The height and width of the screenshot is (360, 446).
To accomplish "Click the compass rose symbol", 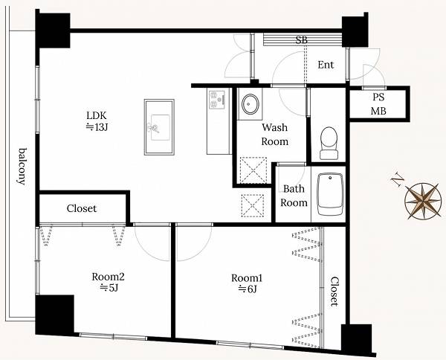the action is pyautogui.click(x=423, y=202).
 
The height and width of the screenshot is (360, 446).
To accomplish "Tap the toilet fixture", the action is pyautogui.click(x=329, y=143).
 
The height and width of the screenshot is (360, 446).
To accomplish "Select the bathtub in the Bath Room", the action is pyautogui.click(x=330, y=194).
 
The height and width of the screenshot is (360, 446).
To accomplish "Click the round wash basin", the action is pyautogui.click(x=250, y=104).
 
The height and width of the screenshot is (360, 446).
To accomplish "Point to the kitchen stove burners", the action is pyautogui.click(x=217, y=99).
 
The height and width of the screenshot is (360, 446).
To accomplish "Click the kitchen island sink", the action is pyautogui.click(x=159, y=127).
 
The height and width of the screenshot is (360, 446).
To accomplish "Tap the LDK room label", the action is pyautogui.click(x=97, y=115).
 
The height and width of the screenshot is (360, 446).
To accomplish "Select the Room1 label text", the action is pyautogui.click(x=247, y=277).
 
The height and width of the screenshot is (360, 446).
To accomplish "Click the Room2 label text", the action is pyautogui.click(x=108, y=277).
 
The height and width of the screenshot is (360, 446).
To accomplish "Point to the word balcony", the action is pyautogui.click(x=22, y=167).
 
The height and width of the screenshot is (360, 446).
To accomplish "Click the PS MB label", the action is pyautogui.click(x=378, y=104).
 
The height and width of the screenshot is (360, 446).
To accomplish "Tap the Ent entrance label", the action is pyautogui.click(x=326, y=65).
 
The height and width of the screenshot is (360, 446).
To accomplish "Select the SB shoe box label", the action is pyautogui.click(x=302, y=40).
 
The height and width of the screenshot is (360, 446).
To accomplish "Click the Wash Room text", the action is pyautogui.click(x=275, y=135).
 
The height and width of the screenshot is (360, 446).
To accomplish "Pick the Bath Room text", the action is pyautogui.click(x=294, y=196).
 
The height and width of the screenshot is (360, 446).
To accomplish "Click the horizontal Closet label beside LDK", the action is pyautogui.click(x=82, y=208).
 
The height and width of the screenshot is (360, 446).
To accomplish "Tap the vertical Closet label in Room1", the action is pyautogui.click(x=334, y=291).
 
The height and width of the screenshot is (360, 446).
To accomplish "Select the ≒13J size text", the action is pyautogui.click(x=97, y=127).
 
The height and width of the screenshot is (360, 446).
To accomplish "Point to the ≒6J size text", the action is pyautogui.click(x=248, y=289).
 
